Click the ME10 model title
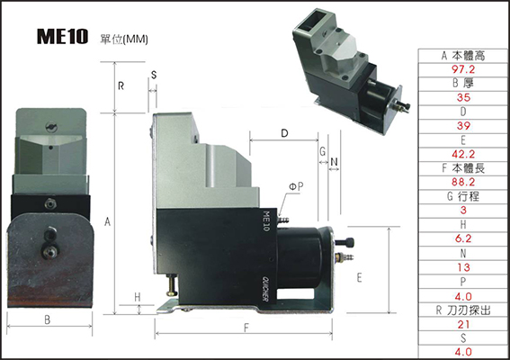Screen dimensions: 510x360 tap(62, 36)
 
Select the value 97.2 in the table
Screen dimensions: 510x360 tap(463, 69)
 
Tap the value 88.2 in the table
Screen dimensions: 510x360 tap(463, 182)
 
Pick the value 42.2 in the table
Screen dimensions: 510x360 tap(463, 154)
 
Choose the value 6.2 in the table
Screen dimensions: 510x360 tap(463, 238)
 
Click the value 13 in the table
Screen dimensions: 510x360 tap(463, 267)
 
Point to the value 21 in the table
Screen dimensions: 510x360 tap(463, 325)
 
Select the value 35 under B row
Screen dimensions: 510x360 tap(463, 97)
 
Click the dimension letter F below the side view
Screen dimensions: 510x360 tap(246, 328)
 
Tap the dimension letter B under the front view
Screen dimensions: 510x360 tap(48, 320)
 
